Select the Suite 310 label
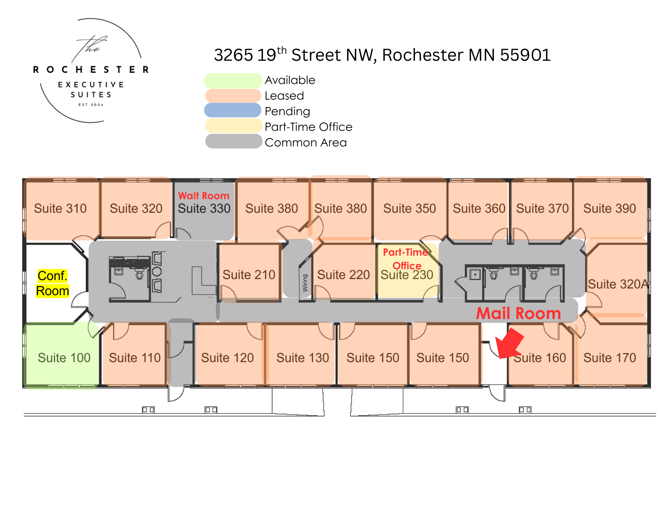click(60, 209)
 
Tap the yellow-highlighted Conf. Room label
click(52, 283)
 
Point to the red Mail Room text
click(518, 313)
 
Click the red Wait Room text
click(204, 196)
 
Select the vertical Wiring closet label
click(305, 283)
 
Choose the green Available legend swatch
click(233, 80)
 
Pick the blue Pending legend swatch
click(233, 111)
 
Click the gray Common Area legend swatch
click(233, 141)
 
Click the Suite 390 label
click(610, 209)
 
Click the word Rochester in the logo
click(91, 69)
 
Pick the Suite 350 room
click(409, 209)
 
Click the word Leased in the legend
click(284, 96)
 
